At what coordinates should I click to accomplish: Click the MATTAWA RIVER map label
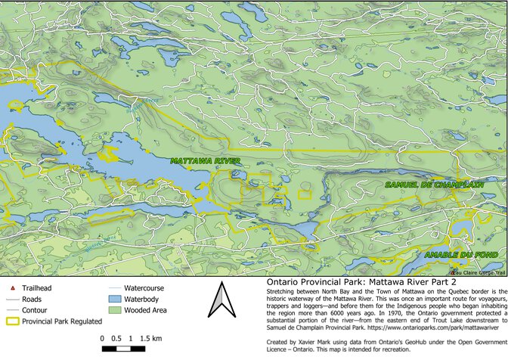click(206, 161)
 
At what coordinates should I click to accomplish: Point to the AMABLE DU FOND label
click(460, 255)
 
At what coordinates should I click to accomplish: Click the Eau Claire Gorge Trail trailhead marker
click(453, 272)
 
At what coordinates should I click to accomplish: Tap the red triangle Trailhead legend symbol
click(13, 288)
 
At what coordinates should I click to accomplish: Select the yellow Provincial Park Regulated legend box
click(13, 321)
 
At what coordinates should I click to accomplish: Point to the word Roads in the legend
click(33, 299)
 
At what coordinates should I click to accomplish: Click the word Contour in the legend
click(35, 309)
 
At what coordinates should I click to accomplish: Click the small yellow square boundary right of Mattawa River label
click(305, 194)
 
